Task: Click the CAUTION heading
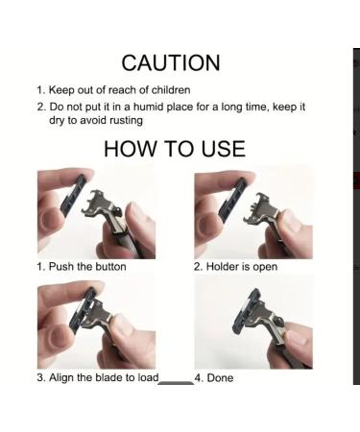click(x=171, y=62)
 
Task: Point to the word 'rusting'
click(x=126, y=121)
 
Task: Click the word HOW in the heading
click(x=130, y=149)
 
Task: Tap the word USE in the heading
click(x=224, y=149)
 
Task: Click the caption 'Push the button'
click(x=87, y=267)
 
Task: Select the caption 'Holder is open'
click(x=242, y=267)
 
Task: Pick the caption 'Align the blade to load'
click(x=104, y=377)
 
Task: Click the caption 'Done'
click(x=220, y=378)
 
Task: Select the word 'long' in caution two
click(x=231, y=108)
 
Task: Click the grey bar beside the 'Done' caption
click(x=176, y=383)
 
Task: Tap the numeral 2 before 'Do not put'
click(x=40, y=107)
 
